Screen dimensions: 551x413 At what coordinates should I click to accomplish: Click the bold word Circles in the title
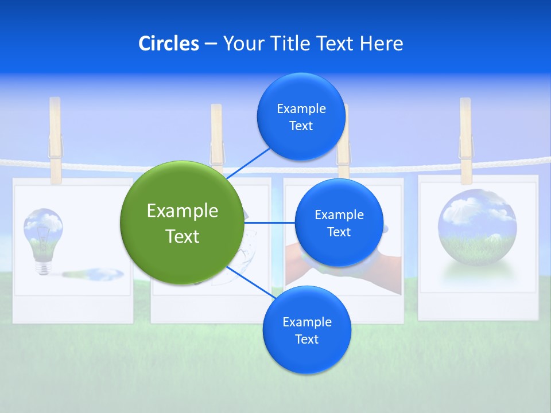click(x=168, y=44)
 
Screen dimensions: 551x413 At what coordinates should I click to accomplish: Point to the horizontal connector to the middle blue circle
click(x=270, y=223)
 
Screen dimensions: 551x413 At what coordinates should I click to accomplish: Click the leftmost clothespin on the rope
click(x=55, y=140)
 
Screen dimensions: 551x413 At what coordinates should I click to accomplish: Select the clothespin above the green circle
click(x=216, y=138)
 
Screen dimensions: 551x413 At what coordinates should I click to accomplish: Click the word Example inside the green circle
click(x=182, y=211)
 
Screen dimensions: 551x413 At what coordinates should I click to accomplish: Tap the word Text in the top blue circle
click(x=301, y=126)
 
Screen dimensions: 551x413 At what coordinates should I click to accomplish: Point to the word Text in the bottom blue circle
click(x=306, y=340)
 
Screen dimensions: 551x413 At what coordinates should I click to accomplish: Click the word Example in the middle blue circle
click(x=339, y=215)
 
